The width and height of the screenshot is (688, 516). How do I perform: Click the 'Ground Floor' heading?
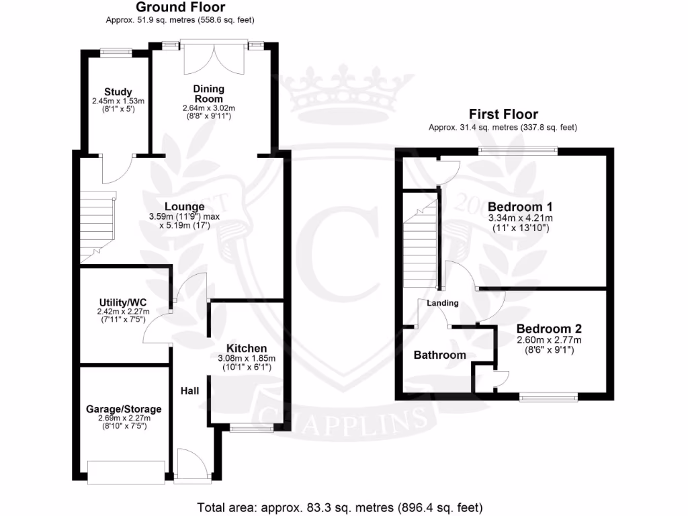[x=181, y=7]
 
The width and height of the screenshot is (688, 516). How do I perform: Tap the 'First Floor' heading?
[x=503, y=114]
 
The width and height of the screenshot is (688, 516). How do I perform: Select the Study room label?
[x=118, y=92]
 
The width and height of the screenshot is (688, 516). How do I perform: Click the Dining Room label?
[x=209, y=93]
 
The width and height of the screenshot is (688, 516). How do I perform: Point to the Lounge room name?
[x=185, y=206]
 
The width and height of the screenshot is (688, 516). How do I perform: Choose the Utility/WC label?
[x=122, y=302]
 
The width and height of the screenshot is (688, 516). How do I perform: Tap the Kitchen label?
[x=247, y=348]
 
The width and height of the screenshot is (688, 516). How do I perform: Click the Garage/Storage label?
[x=124, y=408]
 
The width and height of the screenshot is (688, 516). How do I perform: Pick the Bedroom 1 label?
[x=520, y=206]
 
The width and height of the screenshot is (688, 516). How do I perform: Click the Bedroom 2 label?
[x=549, y=329]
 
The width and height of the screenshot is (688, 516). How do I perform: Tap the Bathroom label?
[x=439, y=355]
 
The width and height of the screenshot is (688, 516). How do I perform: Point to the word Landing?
[x=443, y=303]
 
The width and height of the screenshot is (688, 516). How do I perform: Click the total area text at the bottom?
[x=339, y=507]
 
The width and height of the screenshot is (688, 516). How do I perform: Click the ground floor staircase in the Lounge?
[x=97, y=225]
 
